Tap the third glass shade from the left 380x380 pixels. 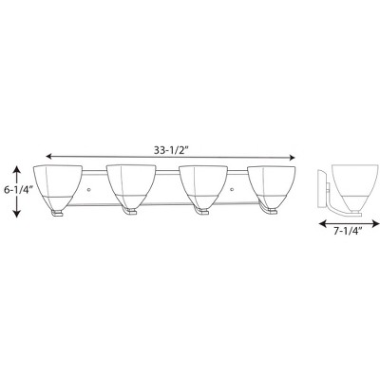(x=204, y=184)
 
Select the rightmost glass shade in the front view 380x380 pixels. (x=276, y=184)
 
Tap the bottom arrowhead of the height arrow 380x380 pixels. (x=16, y=216)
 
